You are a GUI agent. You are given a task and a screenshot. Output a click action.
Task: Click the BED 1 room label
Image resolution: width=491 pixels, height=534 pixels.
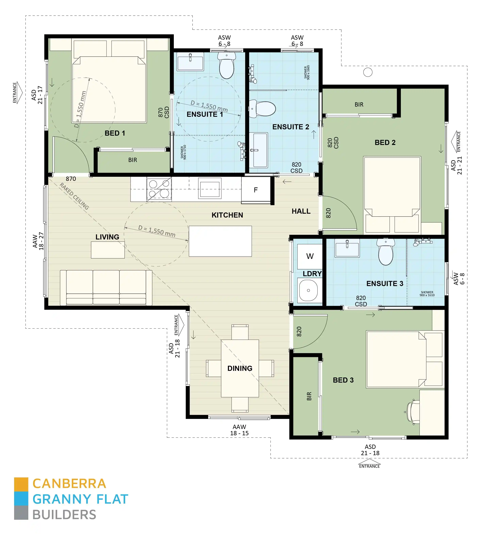click(x=115, y=133)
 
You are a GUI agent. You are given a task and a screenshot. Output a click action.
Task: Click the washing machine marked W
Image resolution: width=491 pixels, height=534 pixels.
click(x=310, y=256)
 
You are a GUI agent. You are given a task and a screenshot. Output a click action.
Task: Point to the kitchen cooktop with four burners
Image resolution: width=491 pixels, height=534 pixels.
click(x=159, y=189)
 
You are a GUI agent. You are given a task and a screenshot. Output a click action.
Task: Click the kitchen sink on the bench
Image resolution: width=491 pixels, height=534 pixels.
click(x=210, y=189)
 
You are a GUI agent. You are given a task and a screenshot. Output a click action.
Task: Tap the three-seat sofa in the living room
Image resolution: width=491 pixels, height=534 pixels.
click(x=106, y=287)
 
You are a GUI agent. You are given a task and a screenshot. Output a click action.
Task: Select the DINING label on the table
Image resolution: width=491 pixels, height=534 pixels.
click(x=240, y=368)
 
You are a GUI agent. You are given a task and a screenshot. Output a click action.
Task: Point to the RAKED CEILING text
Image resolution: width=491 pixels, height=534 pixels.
click(x=74, y=196)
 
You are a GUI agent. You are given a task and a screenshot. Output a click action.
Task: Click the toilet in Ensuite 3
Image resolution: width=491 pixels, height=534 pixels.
click(x=386, y=252)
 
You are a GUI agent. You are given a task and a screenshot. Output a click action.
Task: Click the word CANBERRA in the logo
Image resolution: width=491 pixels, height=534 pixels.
click(x=69, y=484)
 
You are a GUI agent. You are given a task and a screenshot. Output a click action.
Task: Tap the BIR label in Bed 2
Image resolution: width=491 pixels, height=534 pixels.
click(x=359, y=105)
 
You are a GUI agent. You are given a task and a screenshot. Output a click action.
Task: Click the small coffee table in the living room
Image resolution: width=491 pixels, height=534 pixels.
click(x=108, y=250)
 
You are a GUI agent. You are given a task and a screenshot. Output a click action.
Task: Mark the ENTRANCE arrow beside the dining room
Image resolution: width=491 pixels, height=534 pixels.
click(x=179, y=325)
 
